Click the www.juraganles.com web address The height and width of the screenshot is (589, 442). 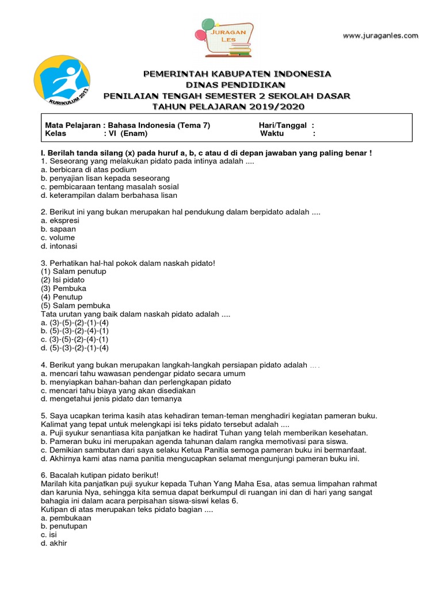tap(380, 36)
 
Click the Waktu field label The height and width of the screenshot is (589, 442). tap(276, 133)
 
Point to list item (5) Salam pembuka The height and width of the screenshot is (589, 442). tap(75, 305)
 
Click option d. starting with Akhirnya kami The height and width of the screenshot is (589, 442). tap(200, 458)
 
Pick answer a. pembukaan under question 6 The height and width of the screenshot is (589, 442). tap(66, 518)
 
